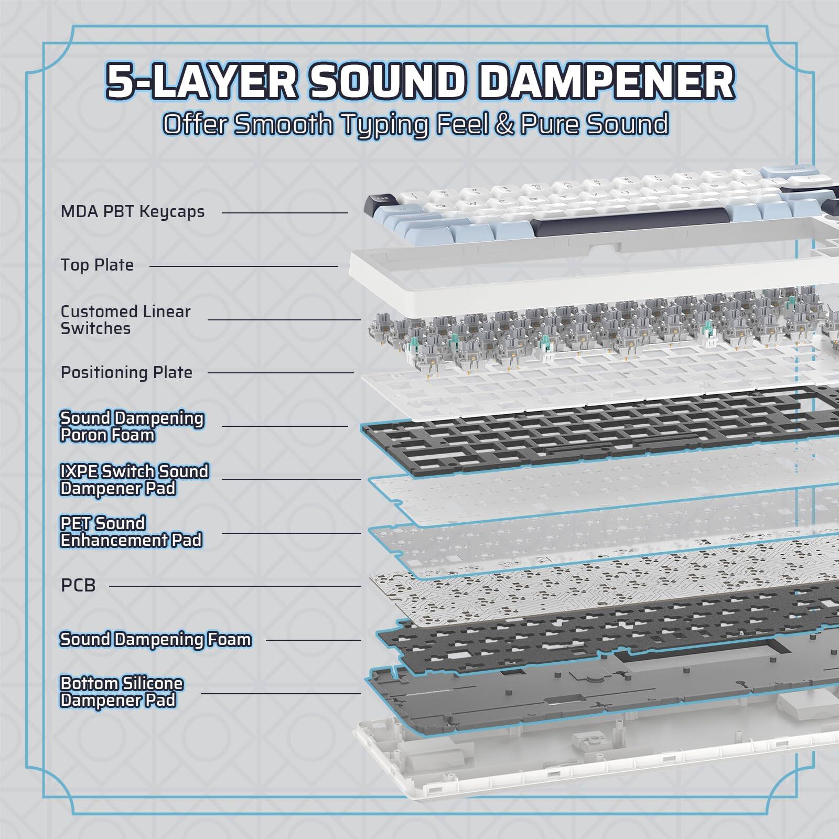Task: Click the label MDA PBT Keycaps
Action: point(133,212)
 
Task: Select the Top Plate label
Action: point(97,265)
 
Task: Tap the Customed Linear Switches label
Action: point(125,320)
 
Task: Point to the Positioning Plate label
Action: point(126,372)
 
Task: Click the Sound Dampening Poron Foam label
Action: point(132,426)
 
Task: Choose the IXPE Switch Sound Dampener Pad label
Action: point(134,480)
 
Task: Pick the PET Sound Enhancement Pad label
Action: point(131,532)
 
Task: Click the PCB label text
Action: point(78,585)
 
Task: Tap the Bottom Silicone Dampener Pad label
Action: point(122,692)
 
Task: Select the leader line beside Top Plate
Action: point(243,266)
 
